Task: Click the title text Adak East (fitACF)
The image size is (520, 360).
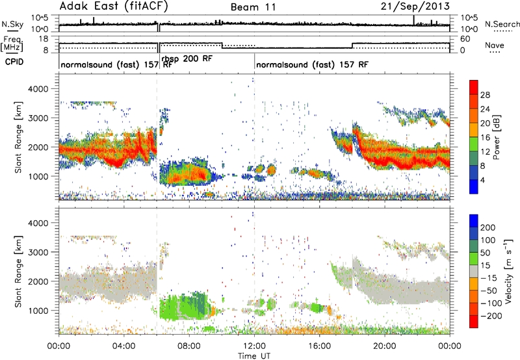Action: [x=114, y=6]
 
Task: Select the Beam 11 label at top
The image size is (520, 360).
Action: [x=253, y=7]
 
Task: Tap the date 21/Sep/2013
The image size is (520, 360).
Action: [x=415, y=6]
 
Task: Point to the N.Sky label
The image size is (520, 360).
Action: [x=12, y=24]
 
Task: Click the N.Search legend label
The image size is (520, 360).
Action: [x=502, y=24]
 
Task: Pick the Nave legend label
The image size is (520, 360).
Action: [x=495, y=45]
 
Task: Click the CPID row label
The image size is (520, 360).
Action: [x=14, y=62]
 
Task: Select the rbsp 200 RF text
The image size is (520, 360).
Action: [x=187, y=59]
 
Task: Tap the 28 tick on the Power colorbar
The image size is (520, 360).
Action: [x=485, y=95]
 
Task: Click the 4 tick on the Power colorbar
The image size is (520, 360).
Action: [x=482, y=180]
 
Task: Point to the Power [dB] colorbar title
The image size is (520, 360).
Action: [x=496, y=137]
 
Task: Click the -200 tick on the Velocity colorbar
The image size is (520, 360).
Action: [x=489, y=316]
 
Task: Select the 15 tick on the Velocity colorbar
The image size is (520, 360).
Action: [x=485, y=265]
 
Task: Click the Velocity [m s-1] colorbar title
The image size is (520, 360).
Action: [x=508, y=271]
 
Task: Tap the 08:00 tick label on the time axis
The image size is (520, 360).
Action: [x=189, y=346]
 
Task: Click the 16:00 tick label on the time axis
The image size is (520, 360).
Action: [x=319, y=346]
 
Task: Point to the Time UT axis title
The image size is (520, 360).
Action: [x=254, y=355]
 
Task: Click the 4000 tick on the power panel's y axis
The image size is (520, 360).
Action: [x=38, y=89]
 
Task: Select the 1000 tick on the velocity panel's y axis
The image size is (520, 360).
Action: [x=38, y=311]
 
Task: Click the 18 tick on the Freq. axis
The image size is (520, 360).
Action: [x=44, y=39]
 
